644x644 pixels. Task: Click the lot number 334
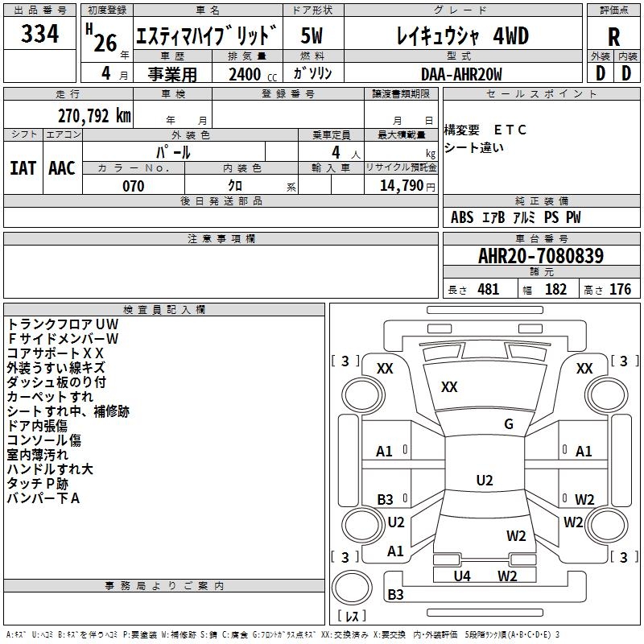click(39, 34)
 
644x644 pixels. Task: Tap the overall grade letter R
click(613, 37)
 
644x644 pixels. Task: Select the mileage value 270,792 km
click(94, 116)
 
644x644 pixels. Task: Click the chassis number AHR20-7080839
click(541, 256)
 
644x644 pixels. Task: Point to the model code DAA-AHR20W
click(461, 74)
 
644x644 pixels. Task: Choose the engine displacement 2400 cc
click(253, 74)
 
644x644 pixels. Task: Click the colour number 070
click(134, 186)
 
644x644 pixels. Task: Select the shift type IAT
click(23, 168)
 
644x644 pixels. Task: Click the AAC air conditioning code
click(62, 168)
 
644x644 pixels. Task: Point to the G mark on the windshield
click(509, 424)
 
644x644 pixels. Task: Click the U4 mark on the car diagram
click(462, 576)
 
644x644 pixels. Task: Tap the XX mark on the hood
click(449, 386)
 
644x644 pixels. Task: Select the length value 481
click(489, 289)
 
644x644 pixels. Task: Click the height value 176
click(620, 289)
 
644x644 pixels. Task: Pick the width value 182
click(555, 289)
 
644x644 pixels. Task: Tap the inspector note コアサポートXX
click(55, 353)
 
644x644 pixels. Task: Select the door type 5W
click(312, 35)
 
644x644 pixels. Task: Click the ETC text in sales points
click(510, 130)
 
